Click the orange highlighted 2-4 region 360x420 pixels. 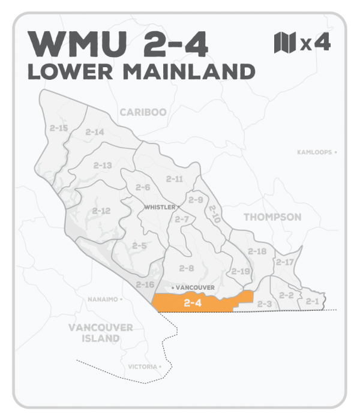coord(198,302)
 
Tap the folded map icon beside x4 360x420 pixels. coord(284,43)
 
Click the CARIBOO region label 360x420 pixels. coord(143,112)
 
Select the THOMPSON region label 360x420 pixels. coord(272,217)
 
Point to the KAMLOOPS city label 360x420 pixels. coord(314,152)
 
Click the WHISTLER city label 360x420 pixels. coord(159,207)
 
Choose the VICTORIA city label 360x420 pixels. coord(142,366)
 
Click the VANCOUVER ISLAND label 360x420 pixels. coord(100,333)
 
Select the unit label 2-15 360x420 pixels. coord(59,128)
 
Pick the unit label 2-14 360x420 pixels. coord(95,132)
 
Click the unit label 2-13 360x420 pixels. coord(103,165)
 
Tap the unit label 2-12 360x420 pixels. coord(101,211)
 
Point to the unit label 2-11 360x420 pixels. coord(175,179)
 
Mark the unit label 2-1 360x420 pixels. coord(312,301)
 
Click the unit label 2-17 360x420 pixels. coord(284,262)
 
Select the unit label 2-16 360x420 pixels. coord(145,284)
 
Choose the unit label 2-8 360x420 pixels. coord(187,268)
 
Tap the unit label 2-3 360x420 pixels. coord(265,304)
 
